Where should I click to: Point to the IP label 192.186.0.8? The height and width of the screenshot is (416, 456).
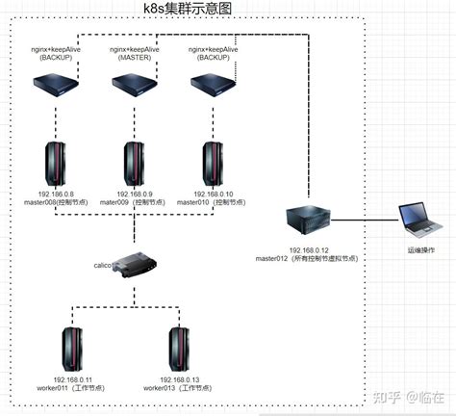click(x=55, y=194)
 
